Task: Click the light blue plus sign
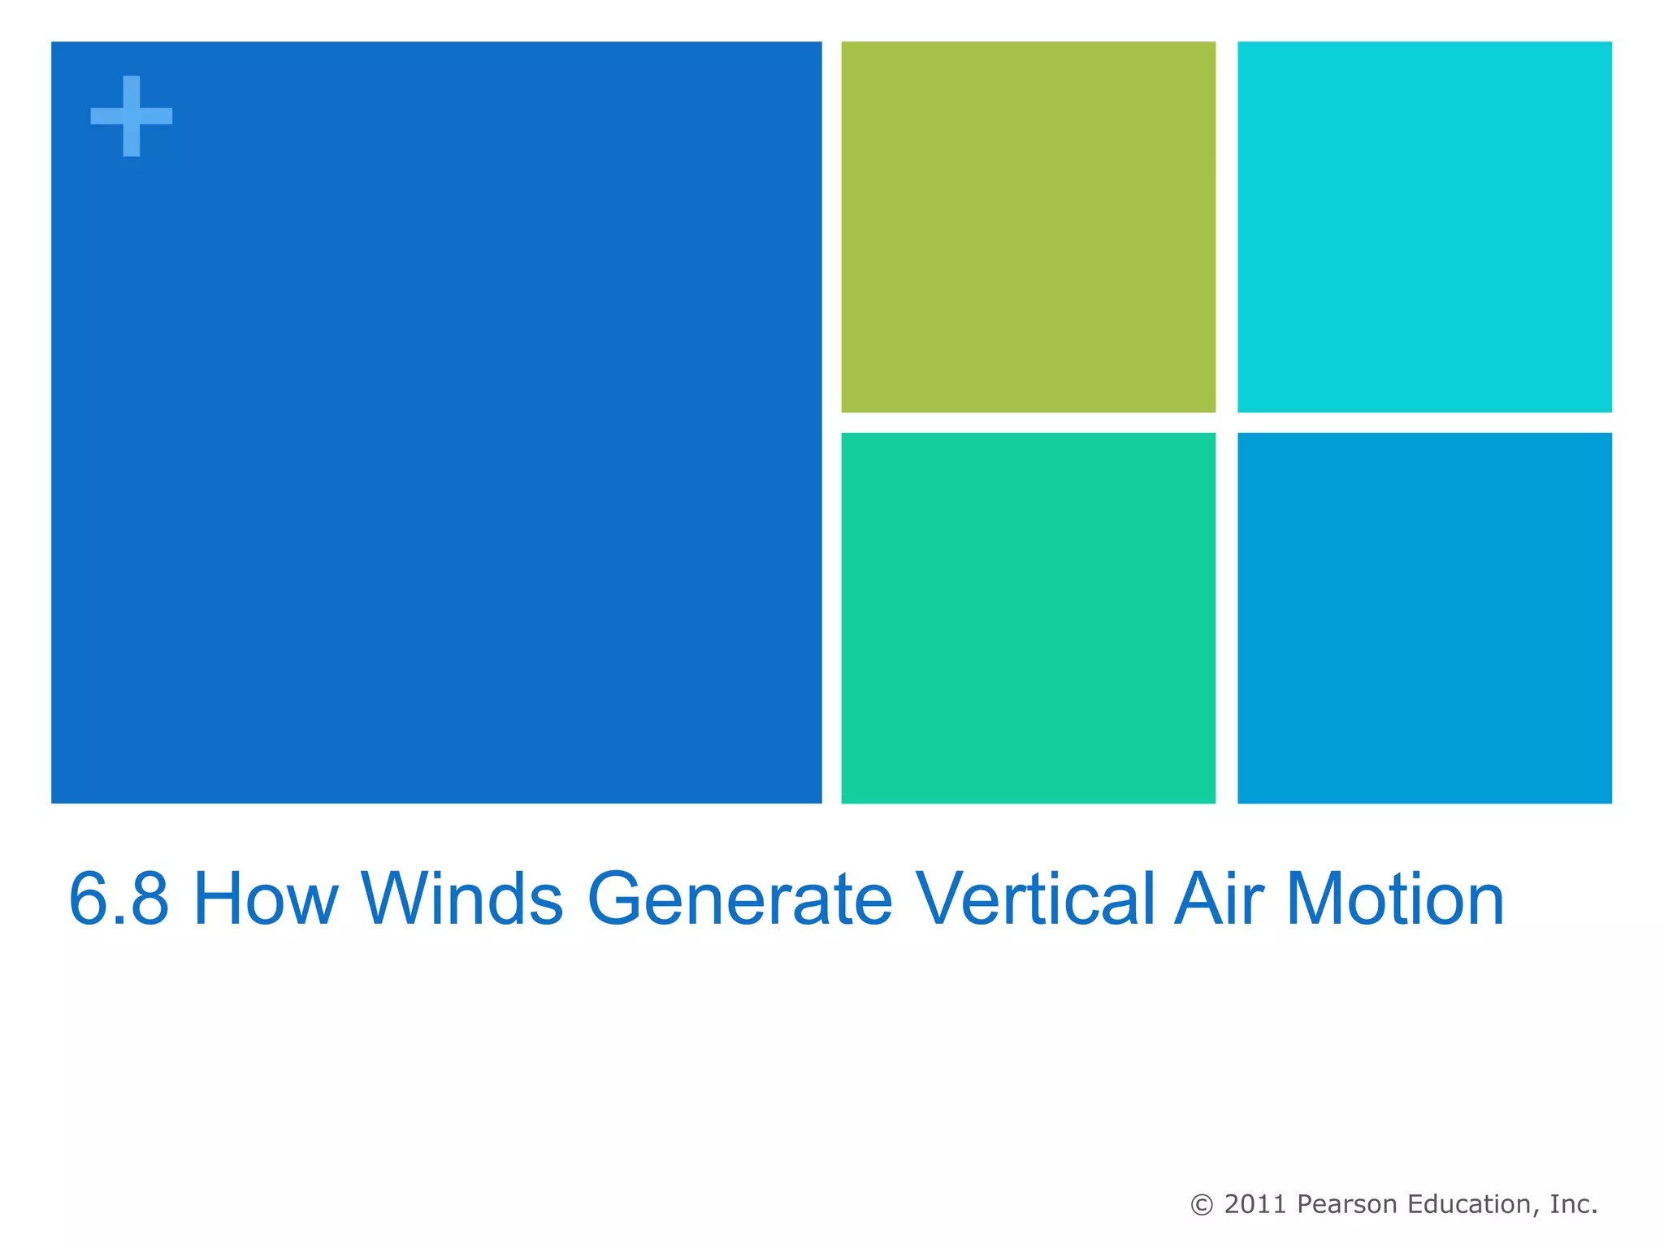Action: point(131,116)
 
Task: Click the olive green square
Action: point(1028,227)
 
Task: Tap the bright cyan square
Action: point(1423,227)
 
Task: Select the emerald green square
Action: point(1028,617)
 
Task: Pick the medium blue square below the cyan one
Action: point(1423,617)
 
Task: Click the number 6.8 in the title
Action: point(119,899)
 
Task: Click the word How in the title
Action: point(266,899)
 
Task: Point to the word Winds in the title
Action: point(462,899)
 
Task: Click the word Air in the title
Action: point(1219,899)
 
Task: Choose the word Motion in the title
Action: point(1395,899)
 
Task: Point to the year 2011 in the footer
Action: point(1255,1204)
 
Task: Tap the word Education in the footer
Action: point(1473,1204)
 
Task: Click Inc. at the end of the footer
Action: point(1574,1204)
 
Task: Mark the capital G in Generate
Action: point(622,899)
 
